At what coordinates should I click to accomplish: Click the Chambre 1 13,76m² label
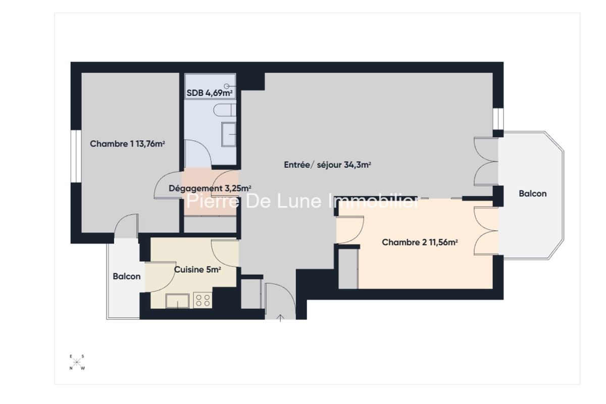(x=127, y=144)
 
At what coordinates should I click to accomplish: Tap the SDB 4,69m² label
(x=210, y=93)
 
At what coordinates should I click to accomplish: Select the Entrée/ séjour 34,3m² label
(x=327, y=165)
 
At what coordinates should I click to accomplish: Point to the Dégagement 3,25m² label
(x=210, y=188)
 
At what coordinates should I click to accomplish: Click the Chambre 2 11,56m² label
(x=420, y=242)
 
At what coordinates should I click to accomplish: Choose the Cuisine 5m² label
(x=197, y=270)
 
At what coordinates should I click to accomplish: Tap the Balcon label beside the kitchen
(x=127, y=276)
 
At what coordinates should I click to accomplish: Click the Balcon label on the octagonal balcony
(x=533, y=193)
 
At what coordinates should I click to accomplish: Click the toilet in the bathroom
(x=225, y=110)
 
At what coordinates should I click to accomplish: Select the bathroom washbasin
(x=229, y=134)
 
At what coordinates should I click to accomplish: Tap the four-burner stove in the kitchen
(x=203, y=300)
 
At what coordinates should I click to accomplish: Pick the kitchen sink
(x=177, y=301)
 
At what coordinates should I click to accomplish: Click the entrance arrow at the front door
(x=280, y=318)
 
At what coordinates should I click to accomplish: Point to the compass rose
(x=77, y=362)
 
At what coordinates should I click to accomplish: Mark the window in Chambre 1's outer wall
(x=76, y=157)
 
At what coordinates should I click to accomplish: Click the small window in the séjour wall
(x=498, y=119)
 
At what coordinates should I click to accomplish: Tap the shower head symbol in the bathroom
(x=227, y=86)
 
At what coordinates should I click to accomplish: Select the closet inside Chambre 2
(x=348, y=269)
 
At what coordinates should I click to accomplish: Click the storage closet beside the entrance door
(x=251, y=294)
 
